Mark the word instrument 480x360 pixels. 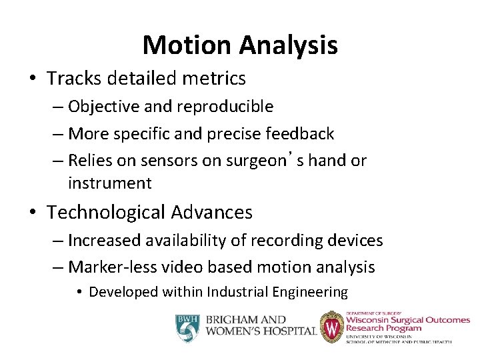click(x=109, y=183)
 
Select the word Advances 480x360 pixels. click(x=211, y=213)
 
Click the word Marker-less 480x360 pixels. click(x=107, y=268)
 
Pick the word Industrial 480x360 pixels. click(x=236, y=292)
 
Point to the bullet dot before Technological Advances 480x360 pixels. click(x=34, y=213)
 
